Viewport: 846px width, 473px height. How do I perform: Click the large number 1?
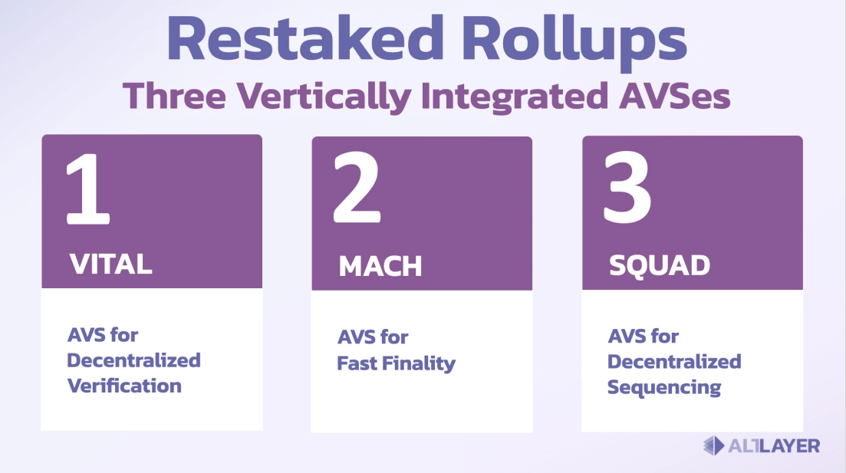87,189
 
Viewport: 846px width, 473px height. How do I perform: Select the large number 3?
627,189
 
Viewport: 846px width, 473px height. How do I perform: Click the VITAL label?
111,264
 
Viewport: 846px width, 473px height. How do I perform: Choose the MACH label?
380,266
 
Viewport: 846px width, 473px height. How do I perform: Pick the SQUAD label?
659,266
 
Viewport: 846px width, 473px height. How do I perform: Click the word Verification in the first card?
124,385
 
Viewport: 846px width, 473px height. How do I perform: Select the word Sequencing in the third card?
663,387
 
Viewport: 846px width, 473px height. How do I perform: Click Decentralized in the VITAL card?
134,360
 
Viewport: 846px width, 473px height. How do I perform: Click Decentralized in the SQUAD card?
674,361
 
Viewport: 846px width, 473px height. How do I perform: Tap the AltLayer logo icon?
713,445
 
